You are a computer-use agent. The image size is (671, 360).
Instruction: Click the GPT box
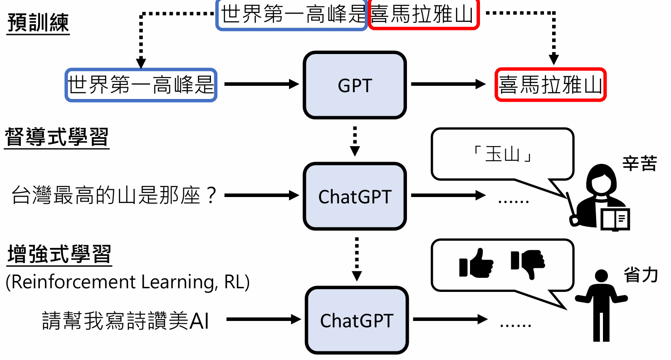pos(354,85)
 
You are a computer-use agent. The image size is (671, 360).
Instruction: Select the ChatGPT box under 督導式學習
pos(354,196)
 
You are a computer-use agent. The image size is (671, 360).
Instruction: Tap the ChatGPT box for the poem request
pos(356,321)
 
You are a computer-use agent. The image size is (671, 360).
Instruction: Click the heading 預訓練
pos(39,24)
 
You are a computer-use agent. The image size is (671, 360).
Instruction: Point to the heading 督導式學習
pos(57,137)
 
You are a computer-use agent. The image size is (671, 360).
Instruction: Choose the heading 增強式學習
pos(59,255)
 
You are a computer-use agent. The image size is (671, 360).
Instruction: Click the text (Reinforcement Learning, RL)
pos(127,282)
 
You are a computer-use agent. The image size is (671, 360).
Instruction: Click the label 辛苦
pos(640,164)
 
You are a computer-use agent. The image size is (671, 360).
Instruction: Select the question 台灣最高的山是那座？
pos(114,196)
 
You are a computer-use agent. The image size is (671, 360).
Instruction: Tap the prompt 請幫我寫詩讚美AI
pos(126,321)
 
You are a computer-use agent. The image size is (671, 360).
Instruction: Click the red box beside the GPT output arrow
pos(550,85)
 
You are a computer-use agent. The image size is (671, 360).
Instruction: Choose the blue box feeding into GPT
pos(141,85)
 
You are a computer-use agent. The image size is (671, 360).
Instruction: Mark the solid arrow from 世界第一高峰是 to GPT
pos(262,84)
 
